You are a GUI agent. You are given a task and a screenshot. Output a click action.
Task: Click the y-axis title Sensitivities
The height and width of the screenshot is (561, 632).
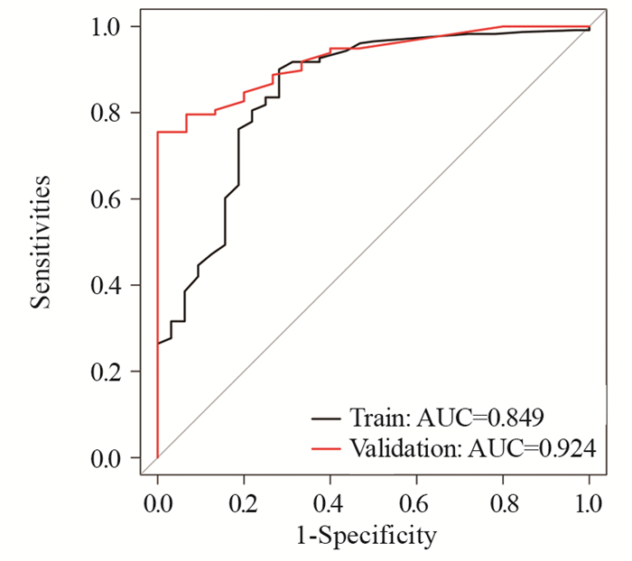(42, 243)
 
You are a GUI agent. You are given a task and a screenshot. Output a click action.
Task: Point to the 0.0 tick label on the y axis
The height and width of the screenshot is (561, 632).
(108, 458)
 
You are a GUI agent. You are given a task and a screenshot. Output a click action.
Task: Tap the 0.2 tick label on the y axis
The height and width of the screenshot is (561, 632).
(108, 372)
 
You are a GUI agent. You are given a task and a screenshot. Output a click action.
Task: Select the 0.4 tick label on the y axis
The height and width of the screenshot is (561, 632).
(108, 285)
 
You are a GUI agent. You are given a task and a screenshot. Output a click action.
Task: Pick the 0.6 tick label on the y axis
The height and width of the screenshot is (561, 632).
(108, 199)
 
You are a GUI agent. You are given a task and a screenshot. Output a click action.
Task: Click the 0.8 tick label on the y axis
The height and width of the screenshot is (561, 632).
(108, 113)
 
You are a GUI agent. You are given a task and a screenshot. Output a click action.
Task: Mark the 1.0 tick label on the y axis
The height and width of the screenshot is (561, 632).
(108, 27)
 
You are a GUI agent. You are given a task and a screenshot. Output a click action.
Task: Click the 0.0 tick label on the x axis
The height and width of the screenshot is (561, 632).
(157, 501)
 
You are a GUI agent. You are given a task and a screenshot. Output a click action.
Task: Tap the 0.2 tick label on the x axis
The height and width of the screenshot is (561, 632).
(244, 501)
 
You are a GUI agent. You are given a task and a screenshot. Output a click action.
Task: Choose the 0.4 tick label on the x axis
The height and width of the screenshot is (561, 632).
(330, 501)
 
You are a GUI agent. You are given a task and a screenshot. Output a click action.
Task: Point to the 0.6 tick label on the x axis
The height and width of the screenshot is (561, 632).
(416, 501)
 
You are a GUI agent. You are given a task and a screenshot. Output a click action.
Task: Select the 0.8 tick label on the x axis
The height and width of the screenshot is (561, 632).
(503, 501)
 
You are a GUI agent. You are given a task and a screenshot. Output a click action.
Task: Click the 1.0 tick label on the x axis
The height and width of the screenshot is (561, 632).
(589, 501)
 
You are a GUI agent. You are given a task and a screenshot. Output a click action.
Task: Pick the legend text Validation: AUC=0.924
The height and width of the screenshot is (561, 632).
(472, 446)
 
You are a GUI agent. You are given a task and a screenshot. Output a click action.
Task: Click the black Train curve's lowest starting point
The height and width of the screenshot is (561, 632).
(158, 344)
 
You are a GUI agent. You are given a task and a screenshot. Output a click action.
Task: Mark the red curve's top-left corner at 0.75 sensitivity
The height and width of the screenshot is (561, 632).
(158, 133)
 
